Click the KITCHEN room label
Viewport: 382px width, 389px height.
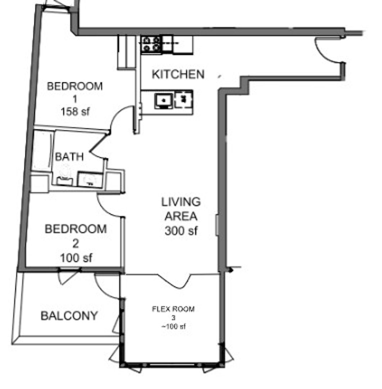(x=178, y=74)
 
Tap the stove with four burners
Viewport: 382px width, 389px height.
(x=151, y=44)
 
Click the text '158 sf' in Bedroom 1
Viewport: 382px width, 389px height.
(x=75, y=111)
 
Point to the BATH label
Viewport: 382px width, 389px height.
(x=69, y=157)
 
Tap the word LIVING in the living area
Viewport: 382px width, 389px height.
(x=181, y=202)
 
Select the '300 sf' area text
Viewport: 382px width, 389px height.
(x=181, y=231)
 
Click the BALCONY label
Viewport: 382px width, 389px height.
(x=69, y=316)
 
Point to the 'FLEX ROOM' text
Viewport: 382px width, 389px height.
(x=173, y=309)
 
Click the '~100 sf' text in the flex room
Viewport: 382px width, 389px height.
(x=173, y=327)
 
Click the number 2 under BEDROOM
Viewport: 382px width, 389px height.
(x=76, y=244)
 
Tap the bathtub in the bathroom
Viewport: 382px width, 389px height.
(x=42, y=151)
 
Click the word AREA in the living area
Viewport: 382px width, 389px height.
(x=181, y=216)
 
